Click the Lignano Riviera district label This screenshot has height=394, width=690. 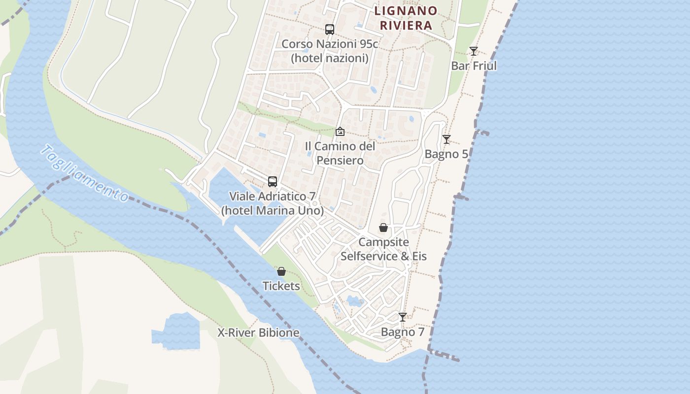coord(406,18)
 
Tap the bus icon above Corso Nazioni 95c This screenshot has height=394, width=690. coord(330,30)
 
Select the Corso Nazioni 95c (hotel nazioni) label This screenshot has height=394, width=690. coord(330,51)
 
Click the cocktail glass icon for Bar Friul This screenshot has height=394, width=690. coord(474,51)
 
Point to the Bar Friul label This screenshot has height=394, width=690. coord(474,66)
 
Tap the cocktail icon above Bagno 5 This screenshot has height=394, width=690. coord(446,139)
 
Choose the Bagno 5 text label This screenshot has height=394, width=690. coord(446,154)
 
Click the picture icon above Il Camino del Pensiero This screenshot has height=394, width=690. coord(340,131)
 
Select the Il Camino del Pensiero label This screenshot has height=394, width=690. coord(340,153)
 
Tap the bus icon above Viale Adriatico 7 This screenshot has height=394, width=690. coord(273,181)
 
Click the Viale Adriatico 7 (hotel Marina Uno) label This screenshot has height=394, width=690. coord(273,203)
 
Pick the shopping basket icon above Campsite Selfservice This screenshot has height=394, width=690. coord(383,228)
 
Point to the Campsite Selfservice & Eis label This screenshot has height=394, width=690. coord(383,249)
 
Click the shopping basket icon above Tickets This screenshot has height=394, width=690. coord(281,271)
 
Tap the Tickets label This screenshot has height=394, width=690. coord(281,286)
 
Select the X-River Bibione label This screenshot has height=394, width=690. coord(258,332)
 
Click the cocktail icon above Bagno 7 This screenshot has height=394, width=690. coord(403,317)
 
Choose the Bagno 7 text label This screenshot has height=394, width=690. coord(403,332)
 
